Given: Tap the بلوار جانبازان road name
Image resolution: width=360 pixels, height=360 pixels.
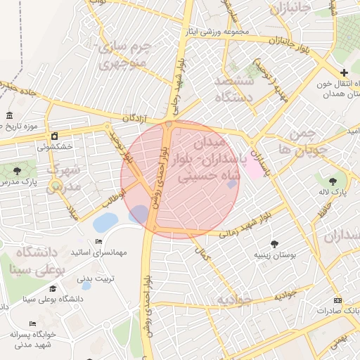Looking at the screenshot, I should pos(285,44).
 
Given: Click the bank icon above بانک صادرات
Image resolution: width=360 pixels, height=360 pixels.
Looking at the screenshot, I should pos(339,299).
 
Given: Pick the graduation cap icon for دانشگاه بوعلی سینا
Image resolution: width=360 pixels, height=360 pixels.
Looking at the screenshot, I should pos(53,288).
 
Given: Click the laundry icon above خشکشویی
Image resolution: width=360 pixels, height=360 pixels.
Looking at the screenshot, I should pos(55,136).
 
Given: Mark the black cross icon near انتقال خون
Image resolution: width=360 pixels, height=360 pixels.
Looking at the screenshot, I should pos(344,72).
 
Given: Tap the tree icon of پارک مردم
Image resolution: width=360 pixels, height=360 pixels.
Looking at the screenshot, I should pos(17,171).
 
